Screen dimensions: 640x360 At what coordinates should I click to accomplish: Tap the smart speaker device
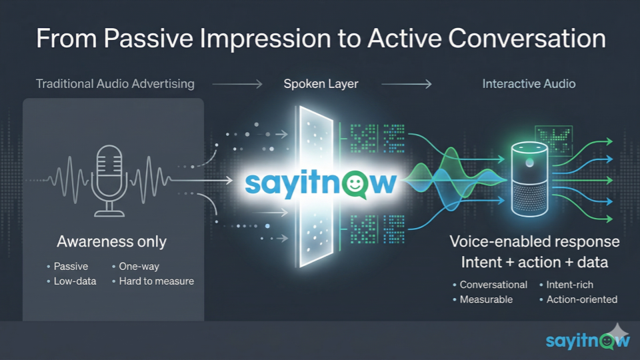(530, 179)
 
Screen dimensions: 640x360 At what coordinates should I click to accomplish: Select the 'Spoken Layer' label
(321, 84)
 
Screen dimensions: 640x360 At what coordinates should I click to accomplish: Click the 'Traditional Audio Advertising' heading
(115, 84)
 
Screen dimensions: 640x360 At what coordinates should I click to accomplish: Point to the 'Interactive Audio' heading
(529, 84)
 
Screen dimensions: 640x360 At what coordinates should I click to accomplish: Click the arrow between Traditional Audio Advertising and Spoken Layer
(237, 84)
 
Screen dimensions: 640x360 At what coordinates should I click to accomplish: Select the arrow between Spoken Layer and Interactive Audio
(407, 84)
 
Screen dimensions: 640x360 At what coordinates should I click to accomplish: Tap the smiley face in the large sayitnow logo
(355, 184)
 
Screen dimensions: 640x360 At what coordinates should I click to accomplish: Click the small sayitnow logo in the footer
(588, 340)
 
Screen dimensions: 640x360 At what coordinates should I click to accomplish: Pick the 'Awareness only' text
(111, 241)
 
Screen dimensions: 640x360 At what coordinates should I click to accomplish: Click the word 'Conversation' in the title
(527, 39)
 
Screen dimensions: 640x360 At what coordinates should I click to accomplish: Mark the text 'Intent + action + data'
(534, 262)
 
